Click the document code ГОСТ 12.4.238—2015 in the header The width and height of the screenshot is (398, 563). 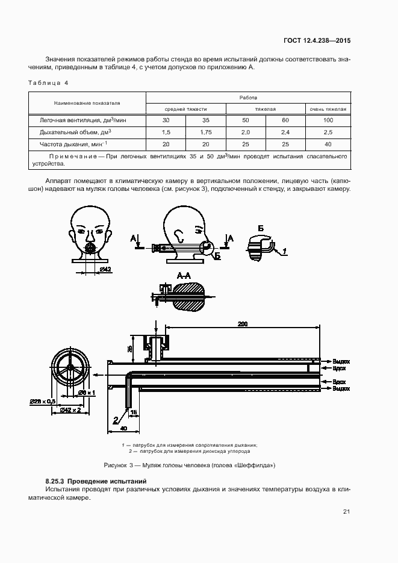pyautogui.click(x=317, y=41)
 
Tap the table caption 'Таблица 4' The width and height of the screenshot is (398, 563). pyautogui.click(x=48, y=82)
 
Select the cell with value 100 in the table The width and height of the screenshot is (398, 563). pyautogui.click(x=328, y=120)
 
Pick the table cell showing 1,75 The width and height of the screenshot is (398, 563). pyautogui.click(x=206, y=132)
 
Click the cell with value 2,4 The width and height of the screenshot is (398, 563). pyautogui.click(x=285, y=132)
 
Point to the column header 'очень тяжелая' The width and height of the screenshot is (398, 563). pyautogui.click(x=328, y=109)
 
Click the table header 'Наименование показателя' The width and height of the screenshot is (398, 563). pyautogui.click(x=87, y=103)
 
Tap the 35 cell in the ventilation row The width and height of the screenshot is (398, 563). pyautogui.click(x=206, y=120)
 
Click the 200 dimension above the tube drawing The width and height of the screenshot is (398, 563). pyautogui.click(x=243, y=324)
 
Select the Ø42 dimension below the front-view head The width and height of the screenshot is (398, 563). pyautogui.click(x=105, y=269)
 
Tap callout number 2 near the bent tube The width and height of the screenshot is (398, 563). pyautogui.click(x=115, y=420)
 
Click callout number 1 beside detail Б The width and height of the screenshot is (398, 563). pyautogui.click(x=284, y=250)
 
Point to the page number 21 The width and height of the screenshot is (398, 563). pyautogui.click(x=346, y=512)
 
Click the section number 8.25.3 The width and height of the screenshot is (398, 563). pyautogui.click(x=55, y=481)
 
